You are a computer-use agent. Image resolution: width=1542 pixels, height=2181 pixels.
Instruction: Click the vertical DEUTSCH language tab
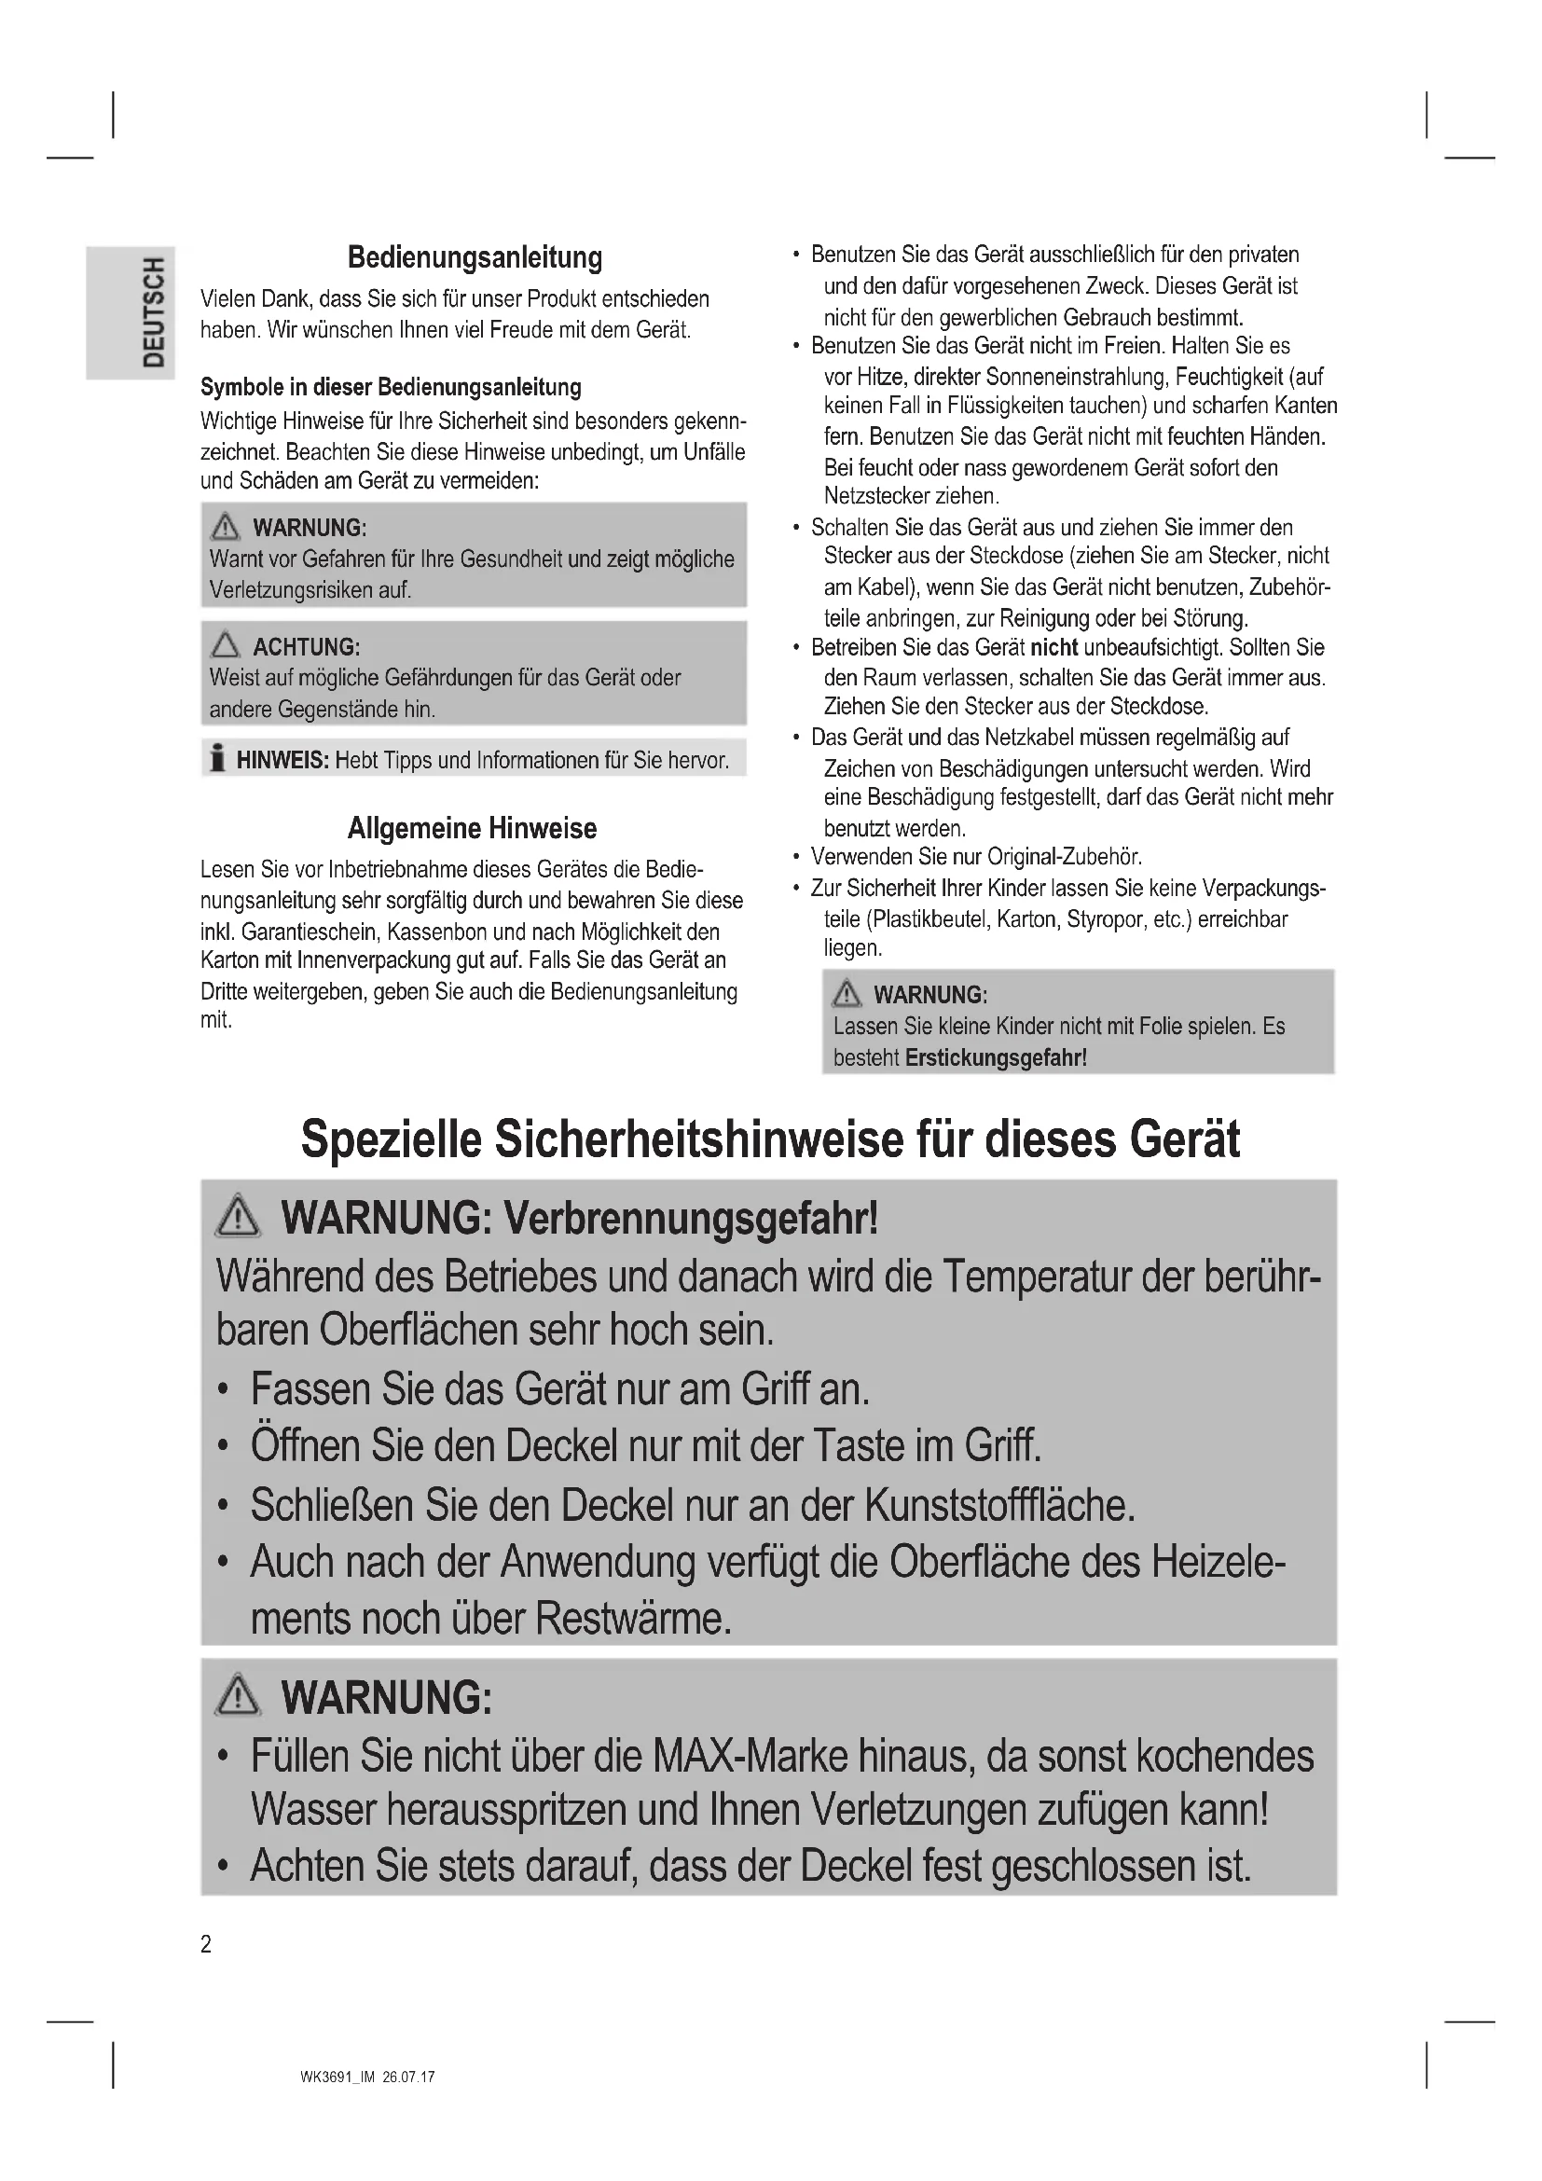[152, 312]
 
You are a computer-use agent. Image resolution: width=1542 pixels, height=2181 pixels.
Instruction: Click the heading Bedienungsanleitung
[474, 257]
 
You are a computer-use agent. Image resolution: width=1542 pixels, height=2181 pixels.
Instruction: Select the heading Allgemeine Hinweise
[472, 828]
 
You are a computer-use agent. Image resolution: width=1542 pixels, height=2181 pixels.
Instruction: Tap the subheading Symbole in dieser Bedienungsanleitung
[391, 388]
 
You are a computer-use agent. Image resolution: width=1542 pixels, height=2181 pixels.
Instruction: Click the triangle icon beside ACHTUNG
[225, 646]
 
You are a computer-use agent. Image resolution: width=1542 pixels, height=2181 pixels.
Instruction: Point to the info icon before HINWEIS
[217, 759]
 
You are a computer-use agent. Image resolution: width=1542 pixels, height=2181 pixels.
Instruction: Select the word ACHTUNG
[306, 648]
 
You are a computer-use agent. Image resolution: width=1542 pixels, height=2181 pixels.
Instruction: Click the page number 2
[206, 1944]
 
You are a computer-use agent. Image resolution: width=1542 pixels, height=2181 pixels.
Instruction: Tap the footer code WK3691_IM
[338, 2077]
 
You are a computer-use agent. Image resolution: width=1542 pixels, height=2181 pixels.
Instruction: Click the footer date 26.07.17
[408, 2077]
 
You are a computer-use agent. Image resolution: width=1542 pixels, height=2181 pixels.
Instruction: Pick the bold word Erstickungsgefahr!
[996, 1057]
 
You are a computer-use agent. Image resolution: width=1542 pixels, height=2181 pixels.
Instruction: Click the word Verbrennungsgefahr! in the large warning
[690, 1219]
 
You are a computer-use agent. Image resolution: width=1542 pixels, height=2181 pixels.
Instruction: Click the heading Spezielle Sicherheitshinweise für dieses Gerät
[770, 1139]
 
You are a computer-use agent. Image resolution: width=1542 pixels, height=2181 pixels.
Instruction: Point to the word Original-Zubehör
[1064, 857]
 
